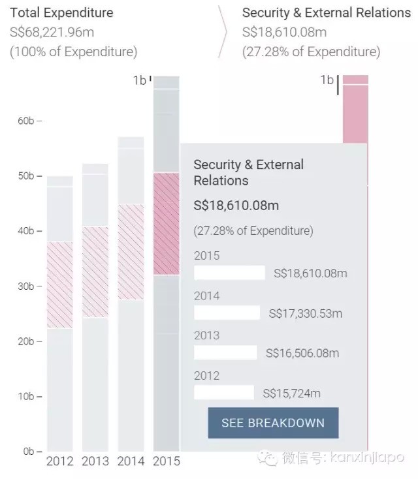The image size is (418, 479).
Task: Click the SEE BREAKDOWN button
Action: click(x=273, y=422)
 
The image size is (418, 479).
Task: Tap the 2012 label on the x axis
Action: click(x=60, y=461)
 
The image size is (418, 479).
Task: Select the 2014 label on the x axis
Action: click(x=131, y=461)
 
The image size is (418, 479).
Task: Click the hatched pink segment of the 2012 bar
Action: click(x=60, y=285)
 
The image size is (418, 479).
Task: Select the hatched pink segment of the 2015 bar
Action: click(x=166, y=224)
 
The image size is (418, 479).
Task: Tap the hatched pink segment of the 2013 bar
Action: click(x=95, y=271)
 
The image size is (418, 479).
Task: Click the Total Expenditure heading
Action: click(x=61, y=12)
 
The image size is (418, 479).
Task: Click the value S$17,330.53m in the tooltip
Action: click(x=305, y=313)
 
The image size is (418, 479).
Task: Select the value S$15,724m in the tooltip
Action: click(x=291, y=393)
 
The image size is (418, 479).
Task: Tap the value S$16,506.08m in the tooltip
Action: click(x=302, y=353)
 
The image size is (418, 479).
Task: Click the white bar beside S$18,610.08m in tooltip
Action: click(x=229, y=273)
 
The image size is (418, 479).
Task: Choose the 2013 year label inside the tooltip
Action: click(x=207, y=335)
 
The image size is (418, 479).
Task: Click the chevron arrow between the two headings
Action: click(x=224, y=32)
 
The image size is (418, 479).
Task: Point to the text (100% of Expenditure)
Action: click(x=73, y=52)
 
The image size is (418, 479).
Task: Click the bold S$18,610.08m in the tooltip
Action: click(x=236, y=206)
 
